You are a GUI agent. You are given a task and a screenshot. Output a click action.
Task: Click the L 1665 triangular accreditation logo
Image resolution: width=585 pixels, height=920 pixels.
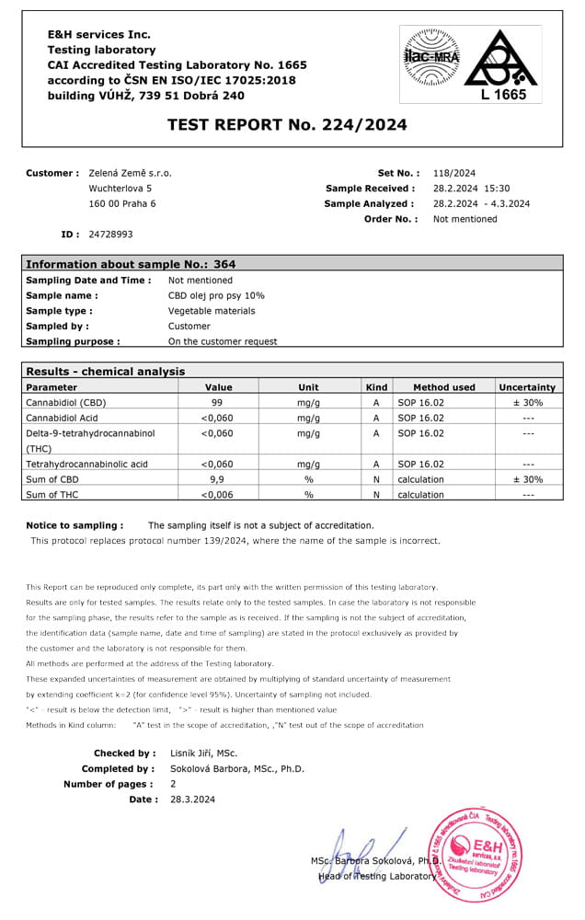click(x=502, y=64)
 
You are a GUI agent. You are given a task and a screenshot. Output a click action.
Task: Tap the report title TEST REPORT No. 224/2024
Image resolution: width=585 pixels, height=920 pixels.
click(x=288, y=125)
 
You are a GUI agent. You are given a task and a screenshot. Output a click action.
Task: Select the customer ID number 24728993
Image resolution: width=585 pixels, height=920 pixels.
click(x=110, y=235)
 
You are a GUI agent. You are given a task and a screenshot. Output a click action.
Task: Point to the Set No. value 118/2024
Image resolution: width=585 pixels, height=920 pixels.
click(x=453, y=173)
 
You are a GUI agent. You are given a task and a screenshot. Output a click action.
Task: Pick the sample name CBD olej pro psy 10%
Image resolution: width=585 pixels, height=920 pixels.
click(x=216, y=296)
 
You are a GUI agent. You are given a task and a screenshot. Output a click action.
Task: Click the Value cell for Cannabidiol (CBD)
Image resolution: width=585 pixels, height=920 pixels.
click(x=218, y=403)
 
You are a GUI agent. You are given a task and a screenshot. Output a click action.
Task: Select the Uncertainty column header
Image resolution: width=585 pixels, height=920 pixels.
click(x=527, y=387)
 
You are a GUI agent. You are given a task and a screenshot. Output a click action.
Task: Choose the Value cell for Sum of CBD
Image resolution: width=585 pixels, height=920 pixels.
click(x=218, y=479)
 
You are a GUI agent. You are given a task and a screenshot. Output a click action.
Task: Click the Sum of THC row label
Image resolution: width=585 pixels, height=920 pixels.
click(x=55, y=495)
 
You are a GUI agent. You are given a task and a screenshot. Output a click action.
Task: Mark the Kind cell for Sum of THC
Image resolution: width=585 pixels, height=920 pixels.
click(x=376, y=495)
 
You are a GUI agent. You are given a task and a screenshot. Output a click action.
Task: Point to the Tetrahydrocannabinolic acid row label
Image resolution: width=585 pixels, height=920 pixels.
click(x=86, y=465)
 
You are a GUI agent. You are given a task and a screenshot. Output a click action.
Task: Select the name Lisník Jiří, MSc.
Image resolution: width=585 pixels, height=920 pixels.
click(x=203, y=753)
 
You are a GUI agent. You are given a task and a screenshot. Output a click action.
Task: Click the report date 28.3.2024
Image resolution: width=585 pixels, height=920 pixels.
click(x=192, y=799)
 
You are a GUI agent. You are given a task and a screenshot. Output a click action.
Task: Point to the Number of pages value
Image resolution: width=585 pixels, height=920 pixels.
click(x=173, y=784)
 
